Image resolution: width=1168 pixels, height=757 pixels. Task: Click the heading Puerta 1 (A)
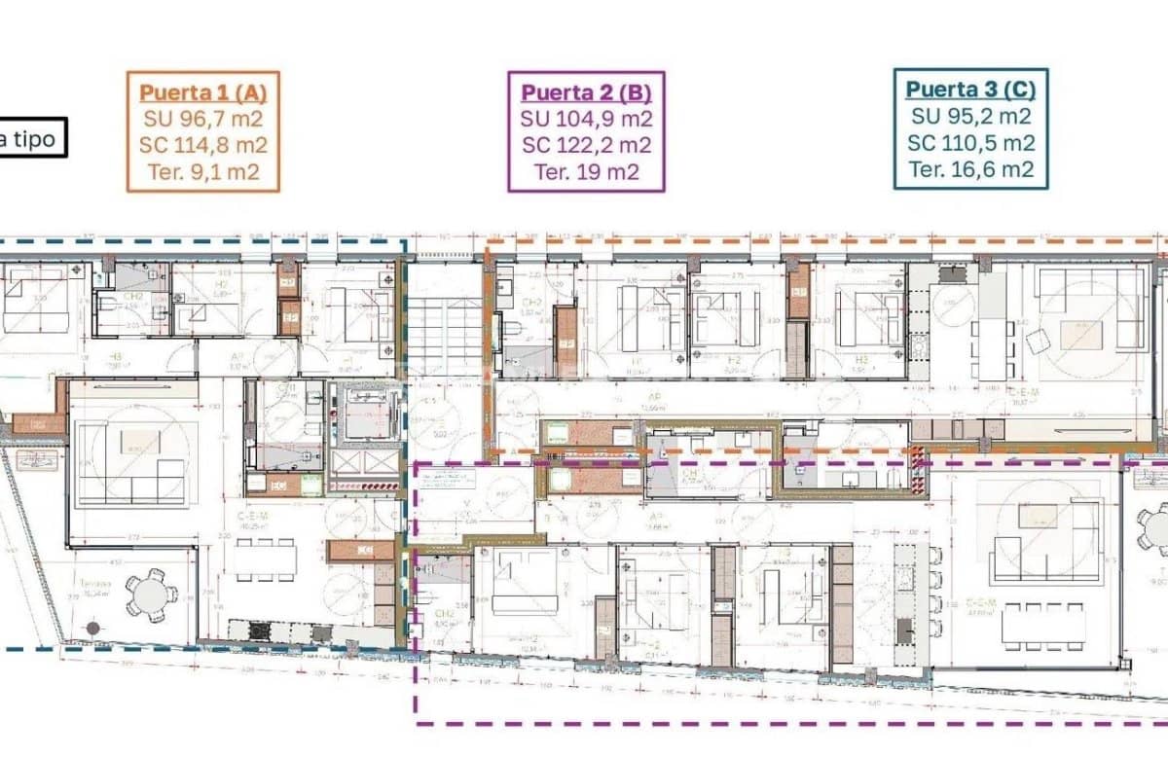tap(202, 92)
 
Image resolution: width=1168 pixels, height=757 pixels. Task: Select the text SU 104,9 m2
tap(586, 120)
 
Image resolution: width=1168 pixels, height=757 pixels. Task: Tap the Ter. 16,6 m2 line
tap(970, 169)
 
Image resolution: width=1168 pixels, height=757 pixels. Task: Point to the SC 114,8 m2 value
tap(203, 146)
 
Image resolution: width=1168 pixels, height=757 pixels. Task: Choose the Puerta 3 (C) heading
tap(970, 90)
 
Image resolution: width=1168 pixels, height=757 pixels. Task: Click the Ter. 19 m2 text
tap(586, 172)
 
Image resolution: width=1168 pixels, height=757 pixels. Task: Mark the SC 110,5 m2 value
tap(970, 143)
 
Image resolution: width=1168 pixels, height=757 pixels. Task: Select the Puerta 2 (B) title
tap(586, 92)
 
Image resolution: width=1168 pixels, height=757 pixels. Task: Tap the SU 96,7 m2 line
tap(203, 120)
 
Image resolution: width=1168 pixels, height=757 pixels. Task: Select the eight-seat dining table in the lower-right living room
tap(1041, 626)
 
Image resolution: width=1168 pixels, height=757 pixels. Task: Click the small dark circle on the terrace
tap(92, 628)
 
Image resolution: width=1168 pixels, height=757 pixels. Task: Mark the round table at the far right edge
tap(1156, 530)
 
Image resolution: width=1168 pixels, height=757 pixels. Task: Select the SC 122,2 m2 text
tap(586, 146)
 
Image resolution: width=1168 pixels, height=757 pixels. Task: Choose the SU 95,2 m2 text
tap(970, 117)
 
